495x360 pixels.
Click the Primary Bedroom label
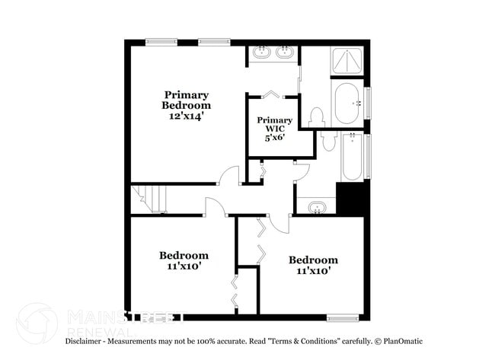(x=186, y=100)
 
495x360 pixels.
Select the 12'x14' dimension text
(x=186, y=116)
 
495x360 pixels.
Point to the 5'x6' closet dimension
(x=274, y=139)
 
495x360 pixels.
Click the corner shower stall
(x=347, y=61)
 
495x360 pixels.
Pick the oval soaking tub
(x=348, y=103)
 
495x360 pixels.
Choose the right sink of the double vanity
(x=286, y=53)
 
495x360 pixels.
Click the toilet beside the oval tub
(x=317, y=116)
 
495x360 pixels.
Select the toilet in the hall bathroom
(x=328, y=140)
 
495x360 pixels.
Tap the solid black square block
(x=353, y=199)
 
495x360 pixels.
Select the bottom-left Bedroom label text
(x=184, y=256)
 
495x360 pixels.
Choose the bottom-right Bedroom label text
(x=312, y=260)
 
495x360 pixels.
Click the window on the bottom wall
(x=342, y=317)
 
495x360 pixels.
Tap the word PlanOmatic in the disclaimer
(x=402, y=341)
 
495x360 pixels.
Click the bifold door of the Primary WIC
(x=271, y=95)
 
